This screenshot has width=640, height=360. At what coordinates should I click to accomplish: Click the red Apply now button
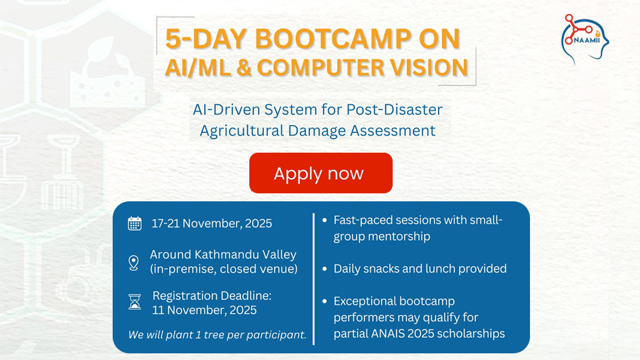tap(321, 173)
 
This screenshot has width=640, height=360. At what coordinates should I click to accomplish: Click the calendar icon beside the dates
tap(135, 223)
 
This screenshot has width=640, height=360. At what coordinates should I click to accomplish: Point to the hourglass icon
tap(135, 302)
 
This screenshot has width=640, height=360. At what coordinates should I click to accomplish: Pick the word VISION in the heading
tap(426, 68)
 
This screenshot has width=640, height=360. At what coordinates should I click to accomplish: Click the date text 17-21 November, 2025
tap(212, 223)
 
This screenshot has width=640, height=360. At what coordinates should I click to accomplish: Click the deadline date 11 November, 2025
tap(205, 310)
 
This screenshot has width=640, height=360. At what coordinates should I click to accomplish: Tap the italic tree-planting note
tap(217, 335)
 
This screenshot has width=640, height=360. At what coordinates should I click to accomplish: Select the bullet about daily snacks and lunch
tap(420, 269)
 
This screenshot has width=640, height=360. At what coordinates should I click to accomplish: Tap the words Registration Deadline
tap(212, 295)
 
